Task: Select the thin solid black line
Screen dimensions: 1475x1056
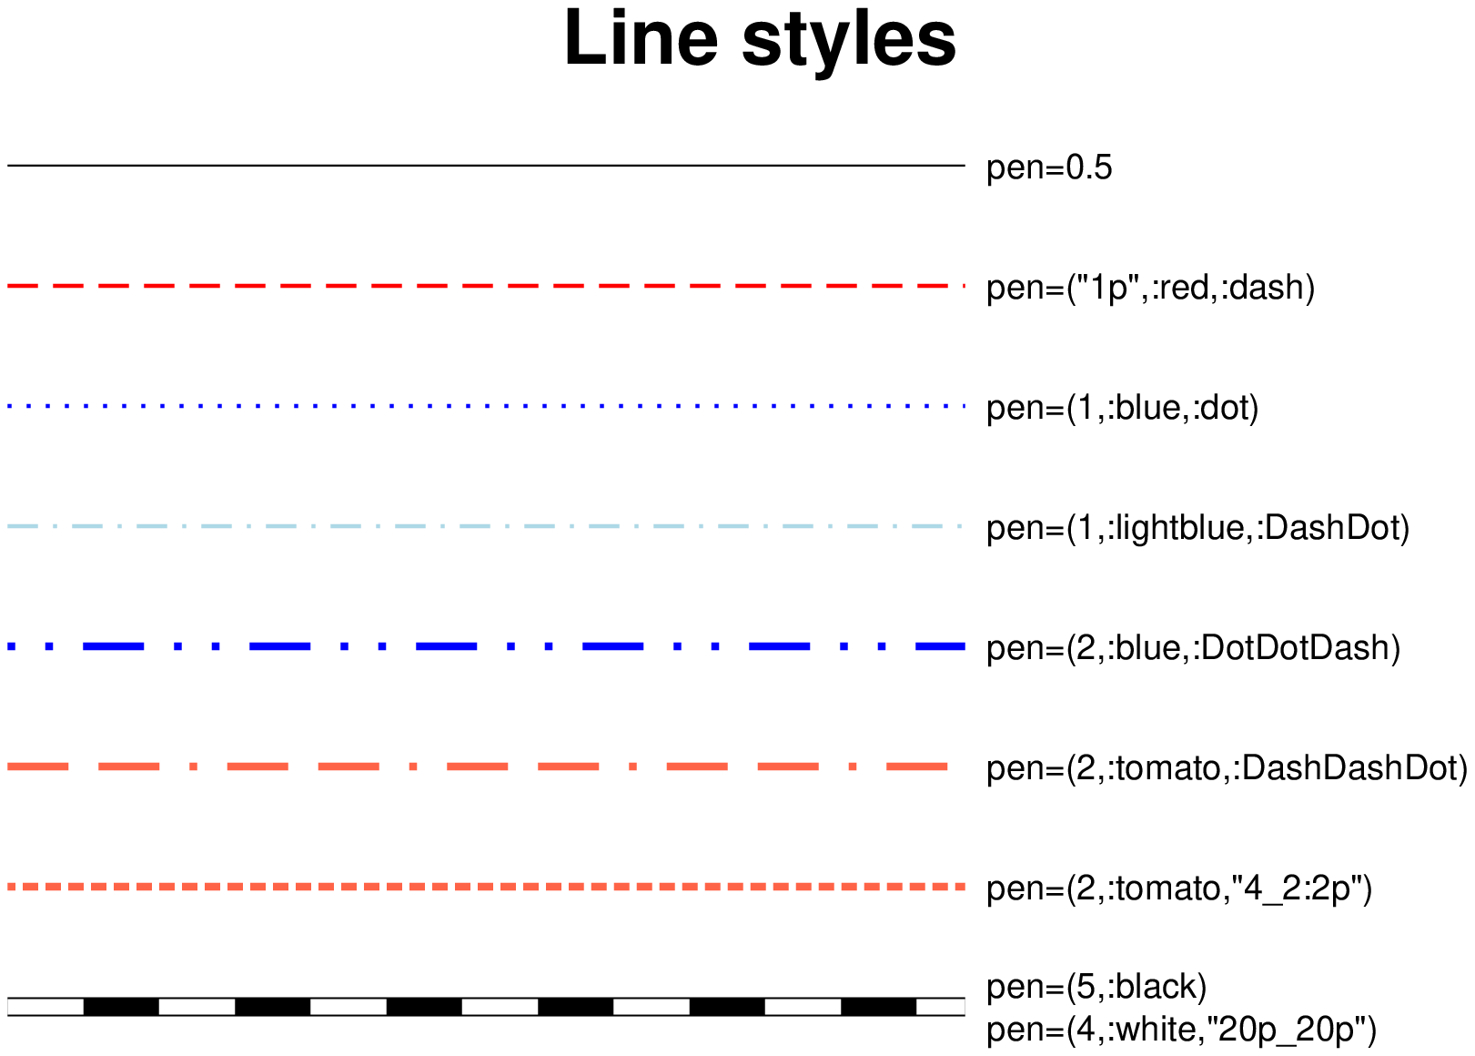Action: point(486,166)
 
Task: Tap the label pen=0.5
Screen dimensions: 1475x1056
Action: point(1049,168)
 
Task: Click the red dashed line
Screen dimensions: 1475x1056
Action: point(486,286)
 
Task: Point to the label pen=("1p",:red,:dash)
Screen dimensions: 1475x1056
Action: point(1150,289)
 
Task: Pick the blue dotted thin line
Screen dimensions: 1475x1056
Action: point(486,406)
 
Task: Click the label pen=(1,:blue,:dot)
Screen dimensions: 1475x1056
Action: point(1122,409)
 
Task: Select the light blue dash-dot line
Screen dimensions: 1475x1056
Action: point(486,526)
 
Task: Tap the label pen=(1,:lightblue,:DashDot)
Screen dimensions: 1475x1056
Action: point(1197,528)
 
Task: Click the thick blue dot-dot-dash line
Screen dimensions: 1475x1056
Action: point(486,646)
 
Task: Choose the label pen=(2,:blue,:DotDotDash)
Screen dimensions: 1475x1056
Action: point(1193,648)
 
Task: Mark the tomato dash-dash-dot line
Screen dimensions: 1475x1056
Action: point(478,767)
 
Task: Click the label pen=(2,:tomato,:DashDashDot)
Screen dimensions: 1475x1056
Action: point(1227,768)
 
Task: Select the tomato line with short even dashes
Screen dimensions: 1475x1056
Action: point(486,887)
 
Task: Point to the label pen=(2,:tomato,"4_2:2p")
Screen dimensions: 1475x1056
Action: point(1179,888)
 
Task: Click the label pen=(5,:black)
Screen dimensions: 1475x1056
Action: point(1096,987)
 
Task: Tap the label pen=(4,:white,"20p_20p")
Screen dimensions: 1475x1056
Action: point(1181,1030)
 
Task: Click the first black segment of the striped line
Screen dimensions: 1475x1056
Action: point(121,1007)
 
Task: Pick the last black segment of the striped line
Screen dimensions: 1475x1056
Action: point(878,1007)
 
